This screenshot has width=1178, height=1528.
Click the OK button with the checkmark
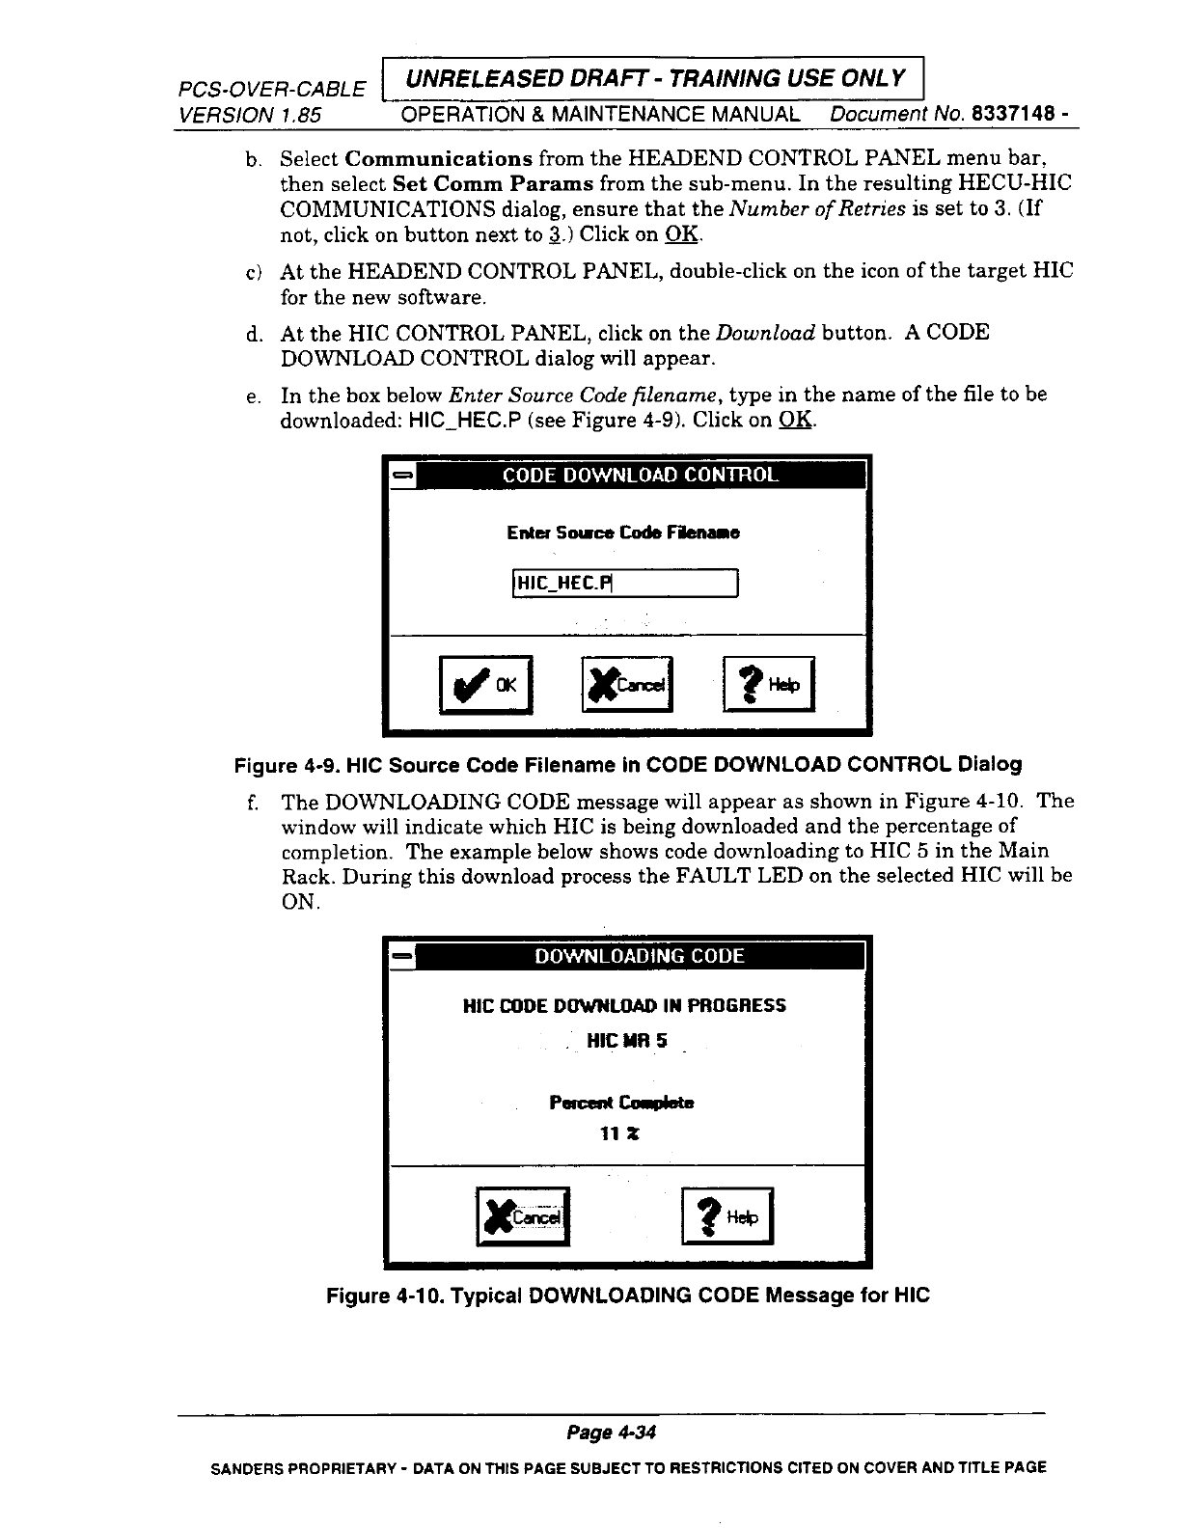[x=485, y=684]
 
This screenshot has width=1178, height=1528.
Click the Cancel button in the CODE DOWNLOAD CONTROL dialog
[x=628, y=684]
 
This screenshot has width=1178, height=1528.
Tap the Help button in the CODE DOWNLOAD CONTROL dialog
[x=769, y=684]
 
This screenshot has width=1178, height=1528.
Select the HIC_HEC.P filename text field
[x=624, y=584]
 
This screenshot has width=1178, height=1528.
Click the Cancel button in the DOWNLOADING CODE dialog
[x=524, y=1216]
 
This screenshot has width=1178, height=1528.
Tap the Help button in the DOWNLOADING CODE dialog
[x=728, y=1216]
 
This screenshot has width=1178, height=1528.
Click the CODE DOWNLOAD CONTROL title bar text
[x=640, y=476]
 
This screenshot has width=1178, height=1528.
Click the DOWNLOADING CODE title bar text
[x=640, y=956]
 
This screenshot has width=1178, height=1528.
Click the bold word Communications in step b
[x=439, y=157]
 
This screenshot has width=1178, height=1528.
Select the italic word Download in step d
[x=765, y=333]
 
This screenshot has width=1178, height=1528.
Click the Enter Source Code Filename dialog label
[x=623, y=532]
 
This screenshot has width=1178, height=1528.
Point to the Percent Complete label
[x=621, y=1102]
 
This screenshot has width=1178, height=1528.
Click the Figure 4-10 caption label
[x=628, y=1295]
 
